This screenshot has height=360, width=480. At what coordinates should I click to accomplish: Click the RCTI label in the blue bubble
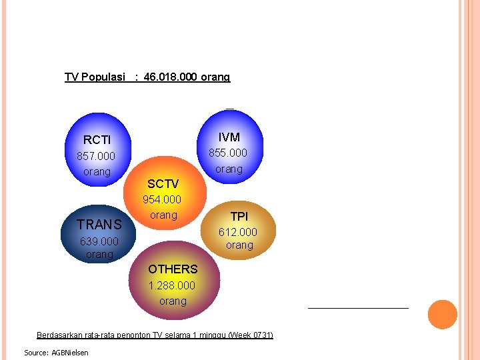(97, 140)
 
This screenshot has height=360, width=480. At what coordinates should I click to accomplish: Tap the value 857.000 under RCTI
(97, 156)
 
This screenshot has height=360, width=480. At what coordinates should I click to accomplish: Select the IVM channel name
(229, 137)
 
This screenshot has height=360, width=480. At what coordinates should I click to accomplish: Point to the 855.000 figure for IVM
(228, 153)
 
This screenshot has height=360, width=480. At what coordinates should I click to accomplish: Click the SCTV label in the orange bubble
(163, 184)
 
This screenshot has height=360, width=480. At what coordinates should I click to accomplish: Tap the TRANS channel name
(99, 225)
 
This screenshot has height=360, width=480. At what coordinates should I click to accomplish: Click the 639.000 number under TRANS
(99, 241)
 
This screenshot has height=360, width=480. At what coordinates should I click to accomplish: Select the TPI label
(239, 217)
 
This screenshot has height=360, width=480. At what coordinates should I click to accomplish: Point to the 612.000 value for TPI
(238, 232)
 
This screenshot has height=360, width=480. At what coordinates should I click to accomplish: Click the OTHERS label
(173, 269)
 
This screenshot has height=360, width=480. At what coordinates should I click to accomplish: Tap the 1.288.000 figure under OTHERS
(172, 285)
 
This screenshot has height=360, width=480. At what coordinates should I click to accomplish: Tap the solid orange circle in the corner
(442, 315)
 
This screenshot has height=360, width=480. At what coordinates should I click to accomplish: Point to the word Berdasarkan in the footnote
(61, 335)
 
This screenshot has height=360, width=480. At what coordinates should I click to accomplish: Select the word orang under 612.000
(239, 245)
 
